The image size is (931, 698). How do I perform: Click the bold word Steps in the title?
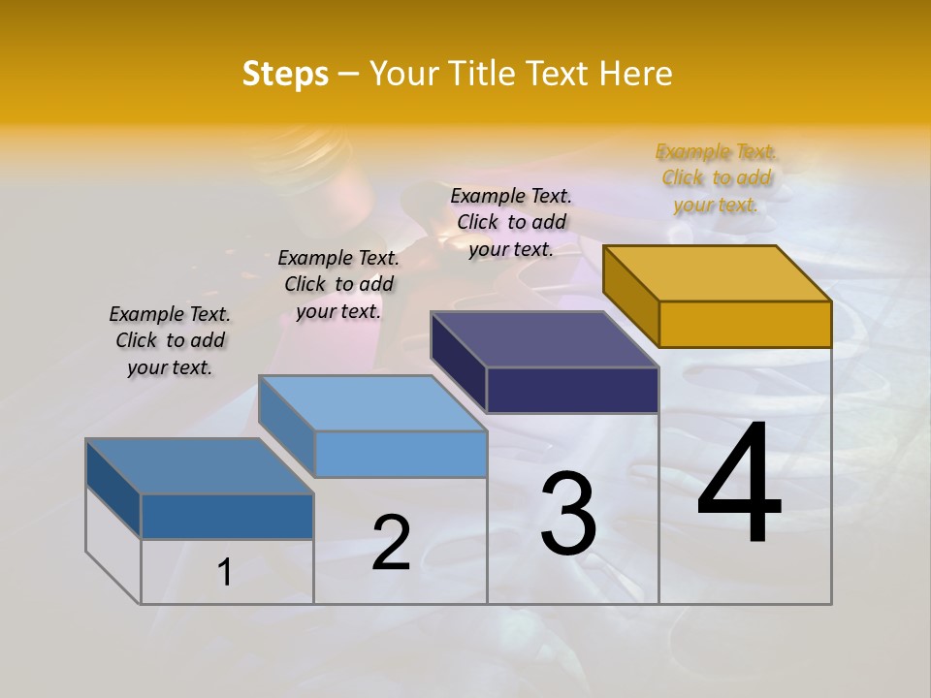285,74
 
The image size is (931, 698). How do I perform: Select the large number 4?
740,485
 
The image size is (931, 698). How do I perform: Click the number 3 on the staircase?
568,514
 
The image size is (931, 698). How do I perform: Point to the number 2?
392,543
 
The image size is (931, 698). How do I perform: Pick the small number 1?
224,573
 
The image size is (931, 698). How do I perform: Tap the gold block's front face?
745,324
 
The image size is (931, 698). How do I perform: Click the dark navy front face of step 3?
572,390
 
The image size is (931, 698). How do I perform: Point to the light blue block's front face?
401,454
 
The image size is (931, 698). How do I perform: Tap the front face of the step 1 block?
227,516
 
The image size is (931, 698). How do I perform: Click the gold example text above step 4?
716,178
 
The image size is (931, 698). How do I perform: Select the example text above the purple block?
511,222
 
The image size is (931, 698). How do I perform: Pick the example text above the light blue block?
338,284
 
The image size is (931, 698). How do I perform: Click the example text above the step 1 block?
170,340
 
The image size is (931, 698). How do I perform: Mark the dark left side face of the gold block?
630,295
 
